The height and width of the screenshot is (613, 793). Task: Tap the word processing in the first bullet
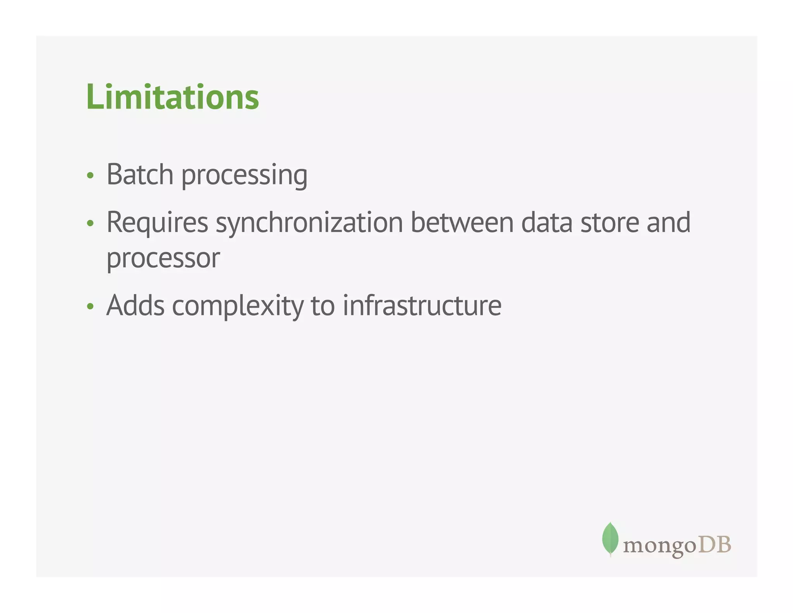point(244,176)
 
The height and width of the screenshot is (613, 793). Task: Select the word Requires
point(157,224)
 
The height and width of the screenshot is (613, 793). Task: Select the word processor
point(163,259)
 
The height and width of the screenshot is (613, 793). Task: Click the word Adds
point(136,306)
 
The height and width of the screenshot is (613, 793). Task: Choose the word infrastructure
point(422,306)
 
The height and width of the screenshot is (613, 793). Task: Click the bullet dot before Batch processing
point(90,176)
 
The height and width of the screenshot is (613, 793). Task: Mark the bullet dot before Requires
point(90,223)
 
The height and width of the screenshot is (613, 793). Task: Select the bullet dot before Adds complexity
point(90,306)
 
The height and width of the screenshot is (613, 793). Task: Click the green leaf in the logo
point(610,539)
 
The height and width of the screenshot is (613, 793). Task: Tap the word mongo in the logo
point(660,546)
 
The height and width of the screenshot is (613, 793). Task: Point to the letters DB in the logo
point(714,544)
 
